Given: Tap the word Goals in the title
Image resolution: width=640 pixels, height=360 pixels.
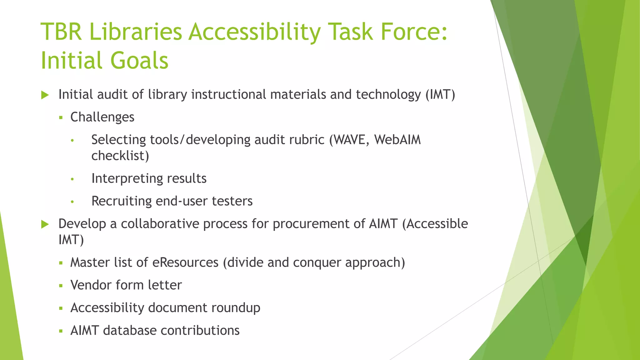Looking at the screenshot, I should pyautogui.click(x=139, y=60).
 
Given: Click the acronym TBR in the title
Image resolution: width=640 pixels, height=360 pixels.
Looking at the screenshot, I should pyautogui.click(x=61, y=32).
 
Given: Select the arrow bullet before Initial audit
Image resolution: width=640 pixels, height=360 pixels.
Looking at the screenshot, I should pyautogui.click(x=45, y=95).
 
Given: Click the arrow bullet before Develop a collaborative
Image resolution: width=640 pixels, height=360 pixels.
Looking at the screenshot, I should pyautogui.click(x=45, y=224).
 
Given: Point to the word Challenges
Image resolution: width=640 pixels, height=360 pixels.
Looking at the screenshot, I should pyautogui.click(x=102, y=117).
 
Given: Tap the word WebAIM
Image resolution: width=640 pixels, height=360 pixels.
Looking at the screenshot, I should pyautogui.click(x=397, y=140).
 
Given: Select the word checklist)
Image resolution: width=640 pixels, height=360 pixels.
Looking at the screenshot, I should pyautogui.click(x=120, y=156).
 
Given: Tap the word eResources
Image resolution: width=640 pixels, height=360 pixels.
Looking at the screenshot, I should pyautogui.click(x=185, y=262).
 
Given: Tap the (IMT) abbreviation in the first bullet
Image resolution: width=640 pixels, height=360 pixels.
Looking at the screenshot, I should pyautogui.click(x=440, y=95).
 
